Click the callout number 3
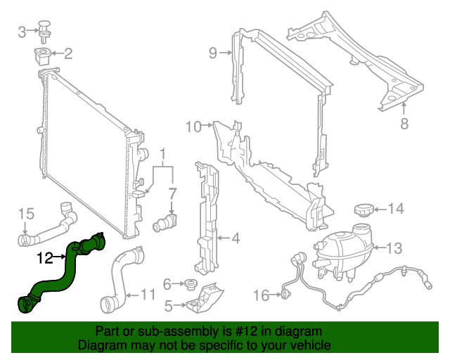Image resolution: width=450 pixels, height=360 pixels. (22, 31)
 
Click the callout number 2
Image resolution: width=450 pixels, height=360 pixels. (68, 53)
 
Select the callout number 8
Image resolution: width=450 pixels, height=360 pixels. (404, 124)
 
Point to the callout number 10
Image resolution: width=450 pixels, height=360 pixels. (194, 127)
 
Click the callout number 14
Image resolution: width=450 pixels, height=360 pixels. (397, 208)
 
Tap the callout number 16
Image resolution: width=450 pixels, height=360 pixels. (261, 296)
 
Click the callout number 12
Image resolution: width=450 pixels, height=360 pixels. (45, 258)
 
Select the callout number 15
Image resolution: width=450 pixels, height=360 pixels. (25, 213)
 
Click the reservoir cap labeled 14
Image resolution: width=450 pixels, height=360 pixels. (361, 210)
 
